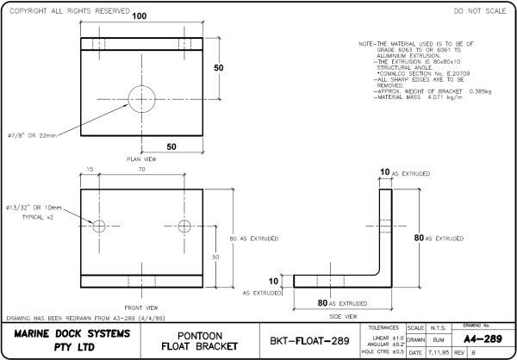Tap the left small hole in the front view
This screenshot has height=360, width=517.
click(x=99, y=226)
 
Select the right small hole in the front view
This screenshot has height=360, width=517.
click(x=184, y=226)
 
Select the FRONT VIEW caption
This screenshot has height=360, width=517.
click(x=140, y=307)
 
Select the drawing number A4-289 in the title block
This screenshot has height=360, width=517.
click(x=489, y=338)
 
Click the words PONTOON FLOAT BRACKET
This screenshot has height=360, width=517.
click(x=204, y=340)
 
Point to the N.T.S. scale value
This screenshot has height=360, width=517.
click(x=439, y=328)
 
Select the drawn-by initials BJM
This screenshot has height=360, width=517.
click(x=439, y=340)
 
